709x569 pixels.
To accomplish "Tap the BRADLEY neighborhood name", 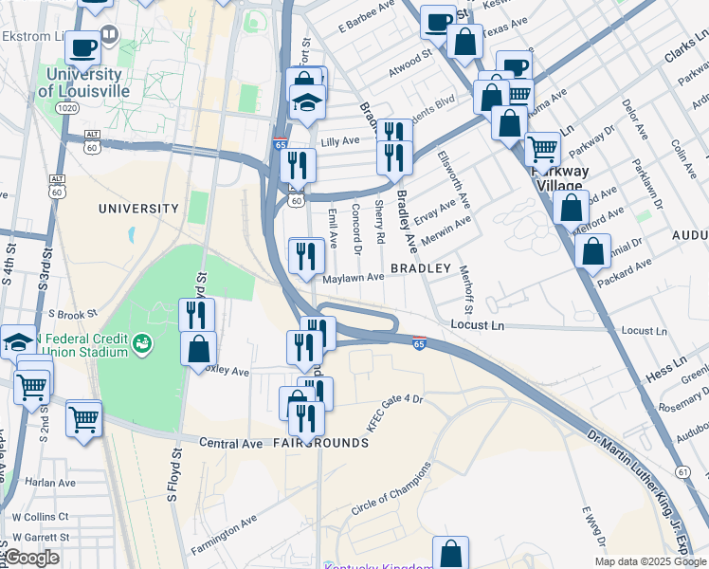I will pos(421,269).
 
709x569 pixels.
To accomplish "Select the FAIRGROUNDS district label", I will pos(321,443).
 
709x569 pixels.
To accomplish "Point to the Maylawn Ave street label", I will pos(353,278).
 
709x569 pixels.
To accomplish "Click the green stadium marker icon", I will pos(142,342).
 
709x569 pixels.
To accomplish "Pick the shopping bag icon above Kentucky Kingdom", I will pos(451,554).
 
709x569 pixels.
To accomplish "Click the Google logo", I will pos(30,557).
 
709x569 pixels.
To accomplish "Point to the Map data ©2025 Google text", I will pos(650,561).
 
